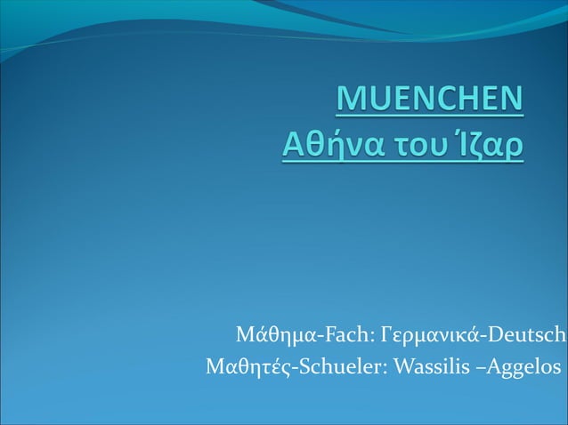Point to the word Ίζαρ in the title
pyautogui.click(x=491, y=144)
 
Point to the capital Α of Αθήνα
pyautogui.click(x=290, y=143)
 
